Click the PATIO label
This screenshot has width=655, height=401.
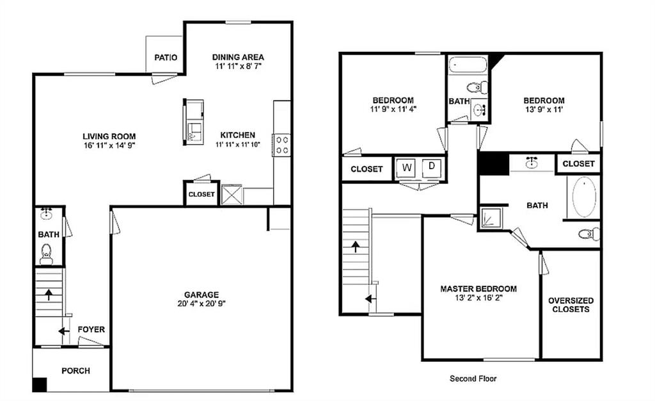tap(166, 57)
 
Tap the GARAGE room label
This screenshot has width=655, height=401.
tap(201, 295)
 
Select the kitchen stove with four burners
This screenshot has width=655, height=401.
tap(281, 145)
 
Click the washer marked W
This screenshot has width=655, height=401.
tap(406, 168)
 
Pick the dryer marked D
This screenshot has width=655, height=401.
tap(432, 167)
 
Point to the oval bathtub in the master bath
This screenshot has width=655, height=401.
tap(584, 197)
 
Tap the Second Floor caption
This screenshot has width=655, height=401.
tap(473, 379)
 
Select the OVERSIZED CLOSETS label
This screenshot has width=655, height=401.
tap(571, 305)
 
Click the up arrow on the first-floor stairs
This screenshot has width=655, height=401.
tap(49, 295)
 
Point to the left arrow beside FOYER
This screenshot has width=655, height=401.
tap(63, 331)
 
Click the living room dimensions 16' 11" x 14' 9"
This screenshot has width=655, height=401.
tap(109, 145)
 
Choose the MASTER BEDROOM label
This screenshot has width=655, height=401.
tap(478, 288)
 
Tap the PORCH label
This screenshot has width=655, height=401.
tap(75, 370)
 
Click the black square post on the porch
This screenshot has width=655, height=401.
tap(40, 385)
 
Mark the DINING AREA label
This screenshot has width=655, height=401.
tap(238, 57)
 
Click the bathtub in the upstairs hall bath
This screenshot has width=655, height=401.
tap(468, 65)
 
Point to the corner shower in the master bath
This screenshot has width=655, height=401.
tap(491, 217)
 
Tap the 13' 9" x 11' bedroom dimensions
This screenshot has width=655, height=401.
tap(544, 110)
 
